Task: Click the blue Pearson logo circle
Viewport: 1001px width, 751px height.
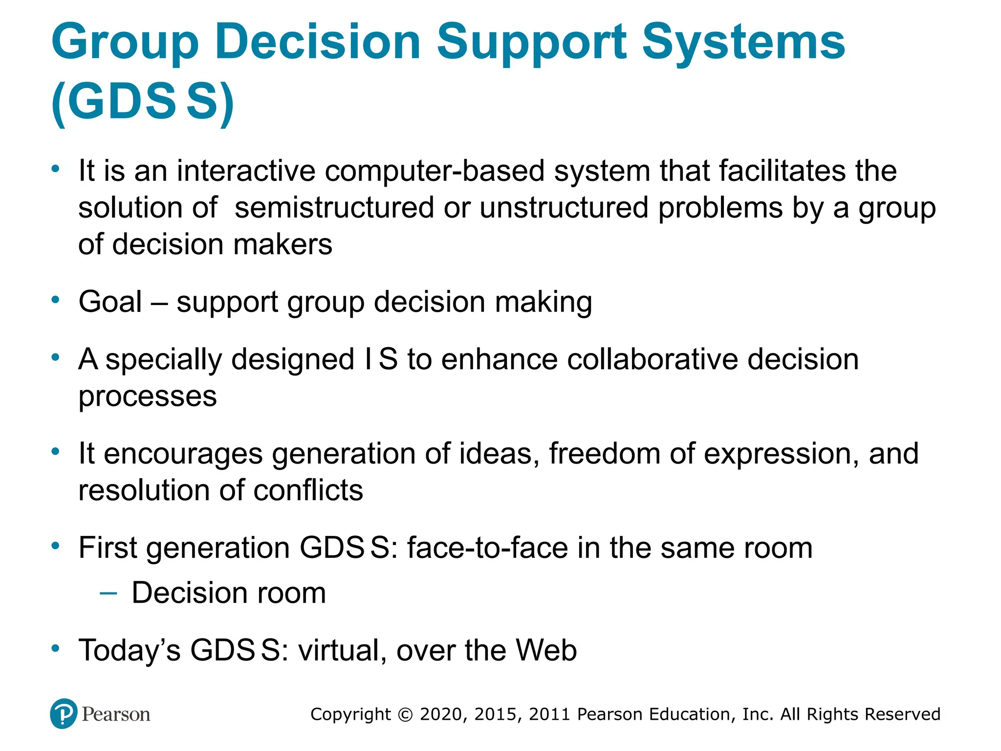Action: tap(64, 714)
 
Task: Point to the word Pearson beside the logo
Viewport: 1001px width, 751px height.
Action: tap(116, 714)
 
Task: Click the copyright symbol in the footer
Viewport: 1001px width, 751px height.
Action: tap(405, 714)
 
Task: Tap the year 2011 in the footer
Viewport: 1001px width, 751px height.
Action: tap(549, 714)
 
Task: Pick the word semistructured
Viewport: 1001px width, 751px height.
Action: tap(334, 208)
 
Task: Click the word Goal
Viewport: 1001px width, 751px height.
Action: tap(110, 302)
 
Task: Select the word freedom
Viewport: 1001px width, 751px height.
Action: tap(605, 453)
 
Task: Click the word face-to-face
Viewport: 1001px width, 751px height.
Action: tap(488, 548)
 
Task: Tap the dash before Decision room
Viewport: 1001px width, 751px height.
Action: tap(108, 594)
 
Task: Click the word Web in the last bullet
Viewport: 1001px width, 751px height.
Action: tap(546, 650)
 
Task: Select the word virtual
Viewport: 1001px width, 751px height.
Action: tap(339, 650)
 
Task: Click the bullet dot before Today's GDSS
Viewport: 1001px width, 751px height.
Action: tap(56, 649)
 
